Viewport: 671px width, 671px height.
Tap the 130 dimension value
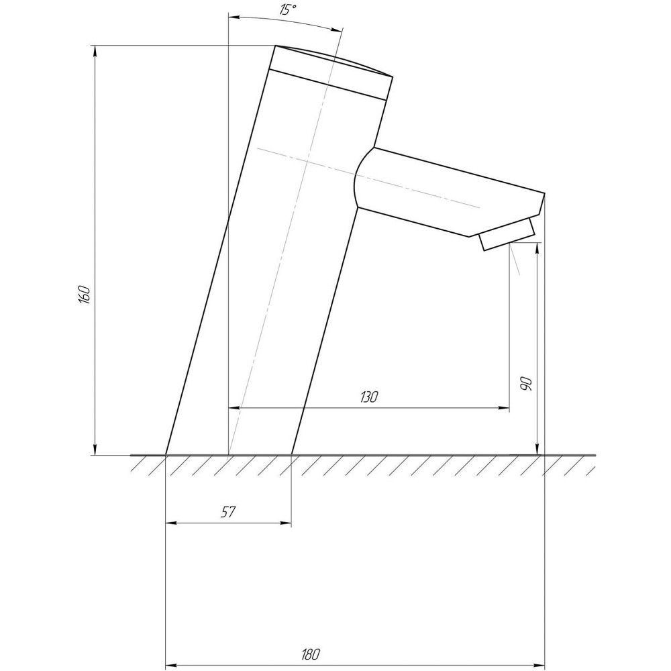coord(368,397)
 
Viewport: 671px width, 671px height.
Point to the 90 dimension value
coord(527,384)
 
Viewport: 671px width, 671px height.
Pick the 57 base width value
coord(228,512)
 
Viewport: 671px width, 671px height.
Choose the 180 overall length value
coord(311,653)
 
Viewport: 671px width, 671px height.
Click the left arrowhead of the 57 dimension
coord(170,523)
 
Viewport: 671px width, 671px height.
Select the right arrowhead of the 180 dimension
coord(539,664)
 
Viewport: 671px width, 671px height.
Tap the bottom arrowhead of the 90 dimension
coord(537,450)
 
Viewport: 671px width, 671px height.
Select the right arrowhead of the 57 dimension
coord(287,523)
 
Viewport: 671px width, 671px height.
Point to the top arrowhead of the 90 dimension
coord(537,248)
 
